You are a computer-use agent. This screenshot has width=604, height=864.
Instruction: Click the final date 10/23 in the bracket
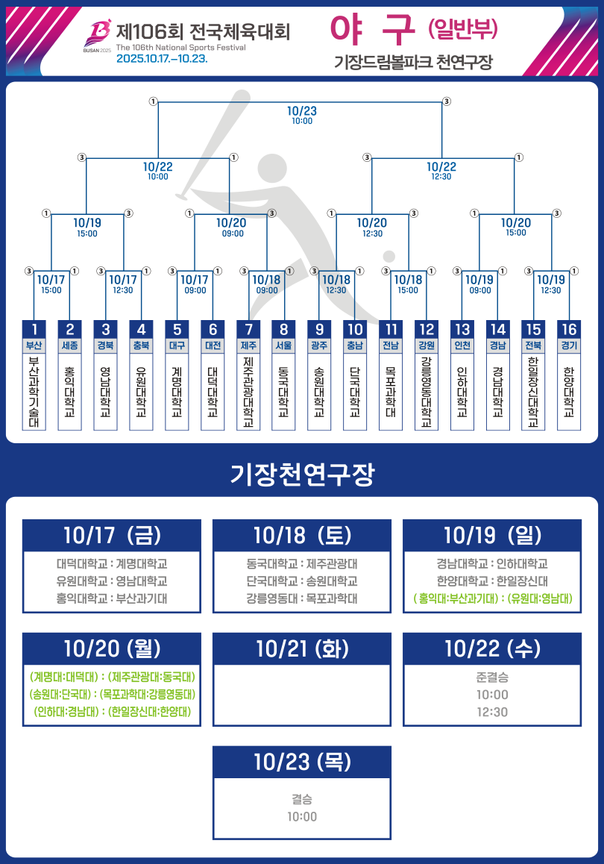[302, 110]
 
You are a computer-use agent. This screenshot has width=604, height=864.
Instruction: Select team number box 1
[34, 329]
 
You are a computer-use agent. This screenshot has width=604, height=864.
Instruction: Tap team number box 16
[569, 329]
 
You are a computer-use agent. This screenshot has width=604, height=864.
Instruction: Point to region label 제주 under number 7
[248, 345]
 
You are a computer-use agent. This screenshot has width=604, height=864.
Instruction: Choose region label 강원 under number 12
[427, 345]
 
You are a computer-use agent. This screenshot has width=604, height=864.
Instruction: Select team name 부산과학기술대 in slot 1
[34, 392]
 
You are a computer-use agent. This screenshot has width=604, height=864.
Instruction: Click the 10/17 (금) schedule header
[112, 535]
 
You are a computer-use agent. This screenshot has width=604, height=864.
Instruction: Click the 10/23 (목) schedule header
[302, 762]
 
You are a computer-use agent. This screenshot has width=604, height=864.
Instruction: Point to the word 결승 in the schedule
[302, 799]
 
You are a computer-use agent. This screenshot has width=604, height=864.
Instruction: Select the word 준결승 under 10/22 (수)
[492, 678]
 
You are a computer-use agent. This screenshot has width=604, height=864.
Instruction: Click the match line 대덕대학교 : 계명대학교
[112, 564]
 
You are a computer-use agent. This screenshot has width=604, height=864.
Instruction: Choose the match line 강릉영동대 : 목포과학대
[302, 598]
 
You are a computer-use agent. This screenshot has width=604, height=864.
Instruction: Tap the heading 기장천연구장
[302, 473]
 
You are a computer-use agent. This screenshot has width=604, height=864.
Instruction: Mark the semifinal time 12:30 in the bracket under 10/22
[441, 177]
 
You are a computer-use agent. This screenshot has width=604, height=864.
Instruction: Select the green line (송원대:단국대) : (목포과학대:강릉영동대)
[112, 695]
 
